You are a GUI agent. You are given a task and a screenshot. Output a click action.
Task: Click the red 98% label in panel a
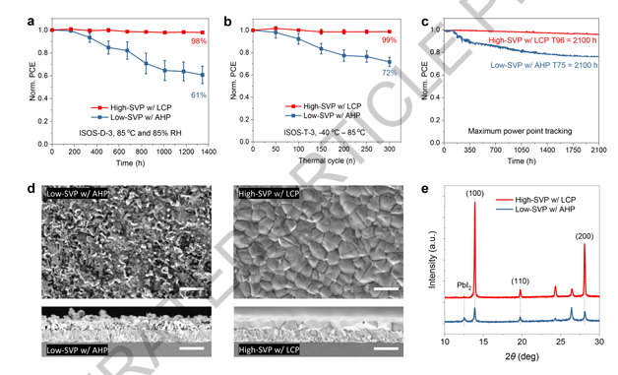[x=200, y=41]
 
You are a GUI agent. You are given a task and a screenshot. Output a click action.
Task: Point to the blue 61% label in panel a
[x=199, y=95]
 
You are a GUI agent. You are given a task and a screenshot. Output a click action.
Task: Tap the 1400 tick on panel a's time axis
[x=210, y=152]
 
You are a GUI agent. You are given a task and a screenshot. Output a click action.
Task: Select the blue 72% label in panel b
[x=390, y=73]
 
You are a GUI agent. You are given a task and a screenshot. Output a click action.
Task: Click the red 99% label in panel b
[x=389, y=40]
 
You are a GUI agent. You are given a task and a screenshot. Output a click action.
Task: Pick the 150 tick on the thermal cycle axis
[x=322, y=150]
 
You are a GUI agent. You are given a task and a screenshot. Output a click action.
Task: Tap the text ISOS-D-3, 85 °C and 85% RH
[x=131, y=133]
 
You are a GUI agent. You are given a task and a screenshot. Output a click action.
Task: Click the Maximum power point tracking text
[x=520, y=131]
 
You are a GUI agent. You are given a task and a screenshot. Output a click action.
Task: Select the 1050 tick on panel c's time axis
[x=522, y=151]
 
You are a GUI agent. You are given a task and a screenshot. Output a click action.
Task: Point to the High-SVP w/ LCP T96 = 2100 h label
[x=543, y=40]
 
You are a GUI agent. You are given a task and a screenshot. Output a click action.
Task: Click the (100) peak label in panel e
[x=474, y=193]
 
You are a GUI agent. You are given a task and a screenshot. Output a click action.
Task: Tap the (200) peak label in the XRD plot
[x=585, y=236]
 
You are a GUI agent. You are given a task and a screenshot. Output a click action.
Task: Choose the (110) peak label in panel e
[x=521, y=281]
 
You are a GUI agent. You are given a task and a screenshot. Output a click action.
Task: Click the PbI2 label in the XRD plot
[x=464, y=285]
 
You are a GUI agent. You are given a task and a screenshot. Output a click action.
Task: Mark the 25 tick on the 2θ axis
[x=561, y=342]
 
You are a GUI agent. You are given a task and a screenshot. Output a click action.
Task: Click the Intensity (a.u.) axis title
[x=432, y=260]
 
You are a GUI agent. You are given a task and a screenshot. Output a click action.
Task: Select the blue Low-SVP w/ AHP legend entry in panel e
[x=535, y=209]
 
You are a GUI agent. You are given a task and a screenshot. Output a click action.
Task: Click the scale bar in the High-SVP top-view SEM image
[x=386, y=289]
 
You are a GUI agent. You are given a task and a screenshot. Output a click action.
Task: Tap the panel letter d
[x=31, y=189]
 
